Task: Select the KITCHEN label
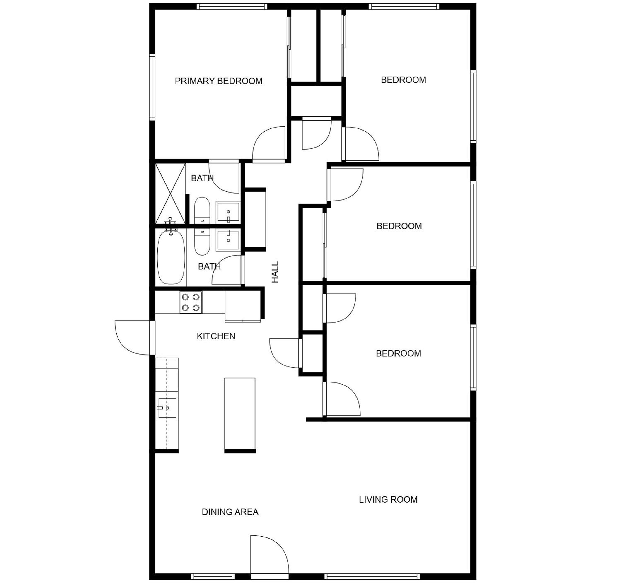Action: click(216, 336)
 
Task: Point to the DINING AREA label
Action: click(230, 512)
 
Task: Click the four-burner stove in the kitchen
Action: click(191, 302)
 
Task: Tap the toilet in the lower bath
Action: click(202, 242)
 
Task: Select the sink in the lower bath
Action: click(228, 240)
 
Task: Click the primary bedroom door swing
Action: click(269, 144)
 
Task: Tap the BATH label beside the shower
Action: click(202, 178)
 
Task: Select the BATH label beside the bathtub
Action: click(209, 266)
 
